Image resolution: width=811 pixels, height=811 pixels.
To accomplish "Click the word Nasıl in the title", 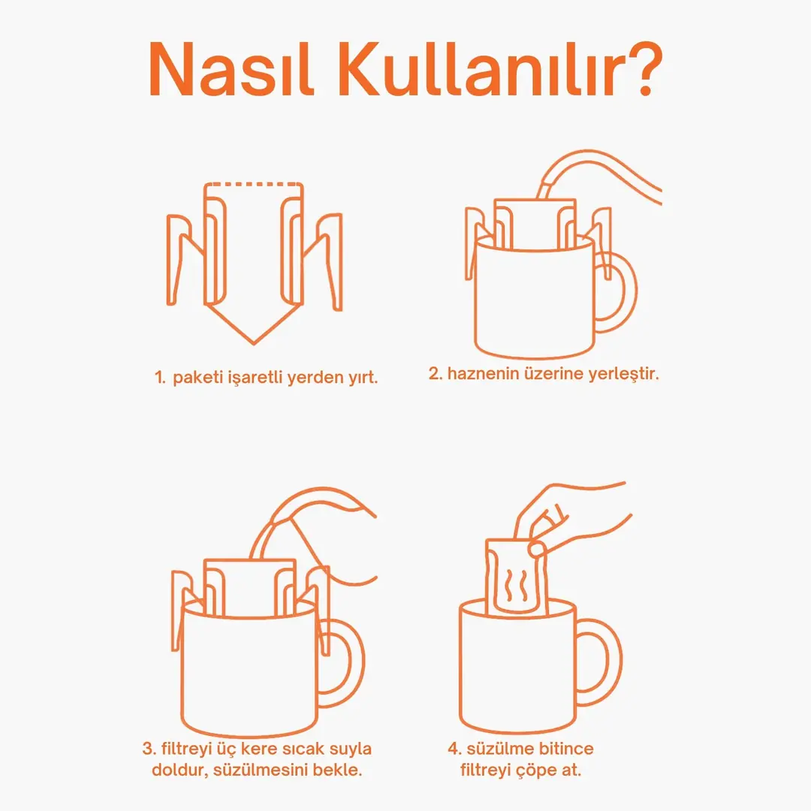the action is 231,69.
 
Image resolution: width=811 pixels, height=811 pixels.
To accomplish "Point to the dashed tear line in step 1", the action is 254,184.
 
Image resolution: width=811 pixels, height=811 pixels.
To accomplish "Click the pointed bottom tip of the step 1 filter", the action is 254,343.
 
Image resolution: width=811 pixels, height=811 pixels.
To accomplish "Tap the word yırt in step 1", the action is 363,378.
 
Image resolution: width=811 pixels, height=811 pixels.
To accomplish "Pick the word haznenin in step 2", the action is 484,373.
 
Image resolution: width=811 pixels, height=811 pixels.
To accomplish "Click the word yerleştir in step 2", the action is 624,374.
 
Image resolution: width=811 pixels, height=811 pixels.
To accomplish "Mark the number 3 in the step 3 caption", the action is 148,749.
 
